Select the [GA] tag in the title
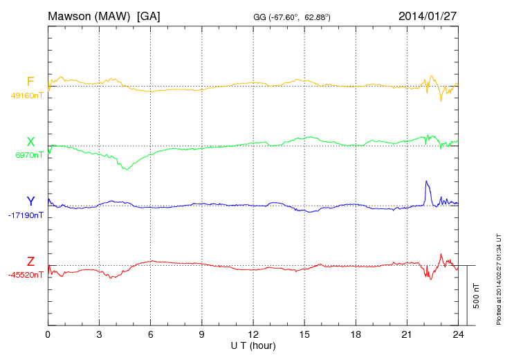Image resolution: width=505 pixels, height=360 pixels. tap(149, 15)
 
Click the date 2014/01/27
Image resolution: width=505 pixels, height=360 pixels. tap(428, 15)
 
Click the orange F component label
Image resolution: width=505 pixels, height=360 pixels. tap(30, 82)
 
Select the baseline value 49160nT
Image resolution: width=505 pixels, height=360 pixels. tap(27, 96)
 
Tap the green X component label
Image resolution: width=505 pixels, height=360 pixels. tap(30, 141)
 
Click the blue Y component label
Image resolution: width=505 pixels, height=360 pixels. tap(30, 201)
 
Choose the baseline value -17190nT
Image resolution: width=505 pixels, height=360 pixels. tap(26, 215)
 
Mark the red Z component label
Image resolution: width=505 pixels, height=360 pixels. tap(30, 261)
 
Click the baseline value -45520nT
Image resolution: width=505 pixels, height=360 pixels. tap(26, 275)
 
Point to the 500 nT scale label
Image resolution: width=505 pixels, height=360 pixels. tap(477, 296)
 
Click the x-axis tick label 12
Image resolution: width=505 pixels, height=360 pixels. tap(253, 334)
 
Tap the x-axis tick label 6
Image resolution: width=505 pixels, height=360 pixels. tap(151, 334)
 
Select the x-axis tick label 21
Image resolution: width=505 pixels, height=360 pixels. tap(407, 334)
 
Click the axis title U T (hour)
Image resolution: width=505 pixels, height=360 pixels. tap(253, 345)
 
